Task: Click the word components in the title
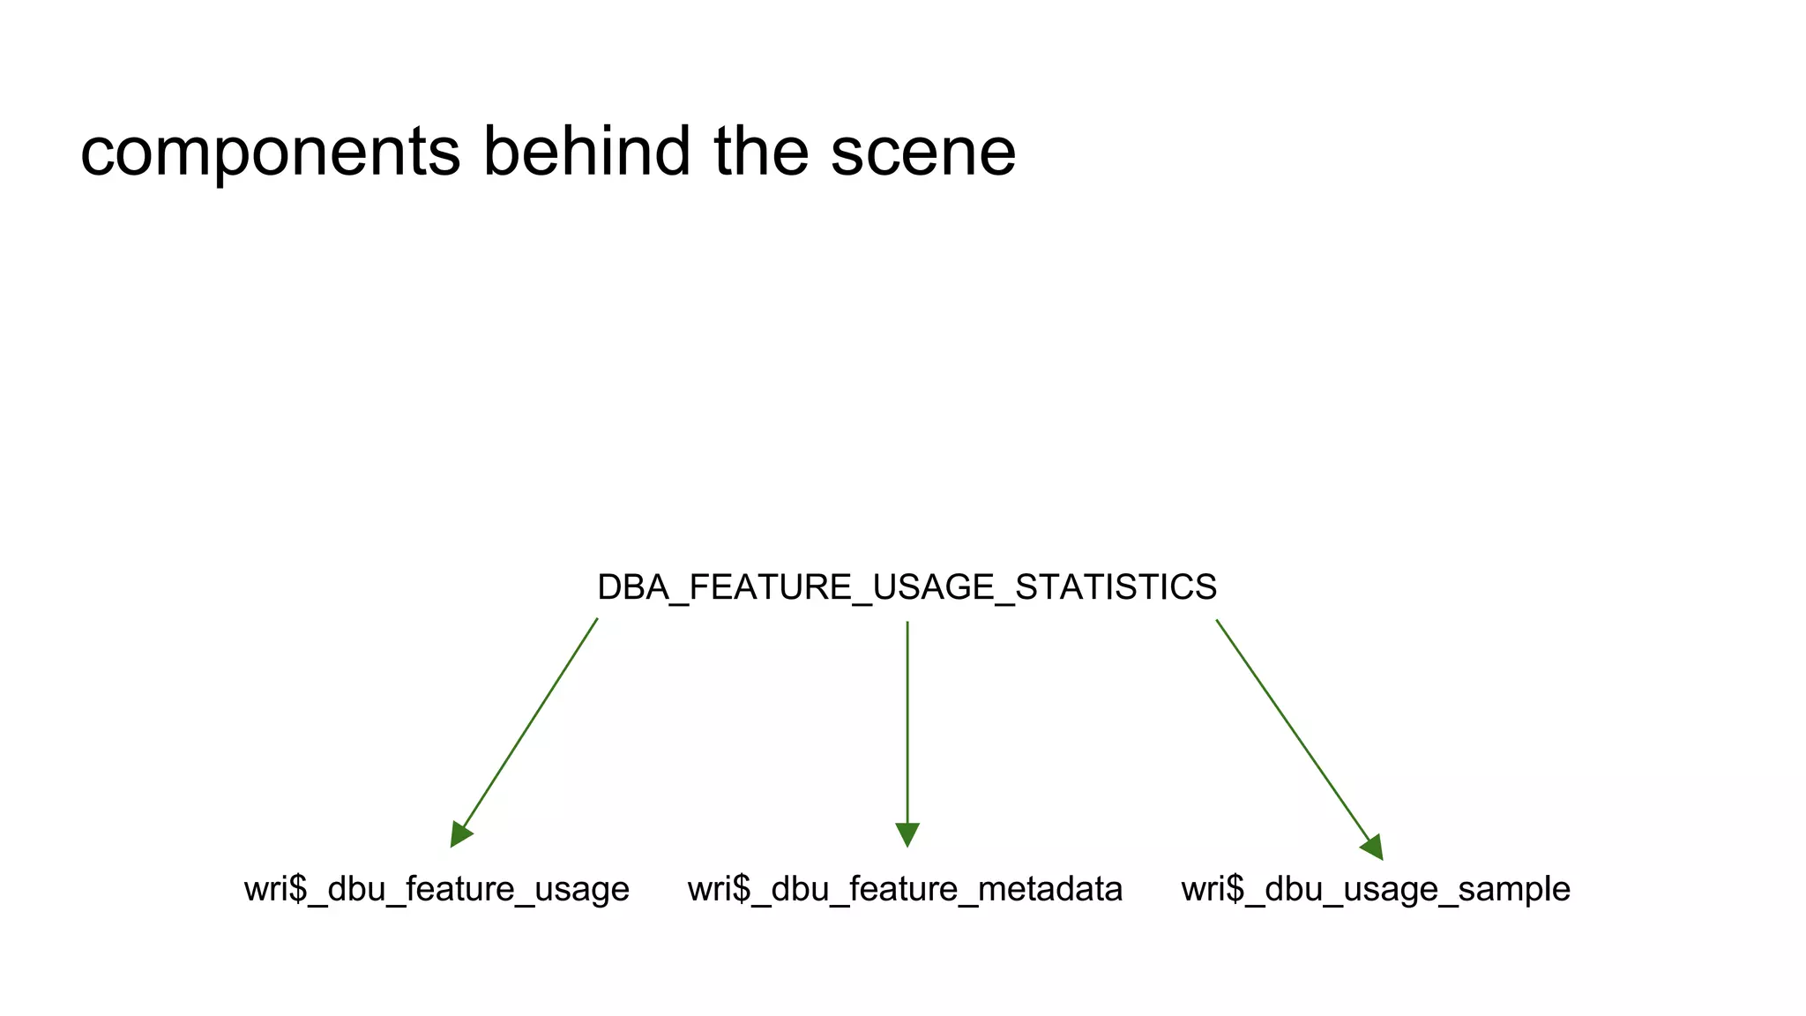(x=271, y=152)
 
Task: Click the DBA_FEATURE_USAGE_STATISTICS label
(x=907, y=587)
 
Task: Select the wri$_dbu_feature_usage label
(x=437, y=889)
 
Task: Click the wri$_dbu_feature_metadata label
(x=905, y=889)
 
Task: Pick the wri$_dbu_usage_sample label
(x=1376, y=889)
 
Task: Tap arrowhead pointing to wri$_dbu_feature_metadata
(x=907, y=833)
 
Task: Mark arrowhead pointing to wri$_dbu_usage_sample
(x=1373, y=847)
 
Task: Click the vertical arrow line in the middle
(x=907, y=723)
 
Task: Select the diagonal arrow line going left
(x=530, y=723)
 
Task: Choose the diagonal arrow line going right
(x=1292, y=728)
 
